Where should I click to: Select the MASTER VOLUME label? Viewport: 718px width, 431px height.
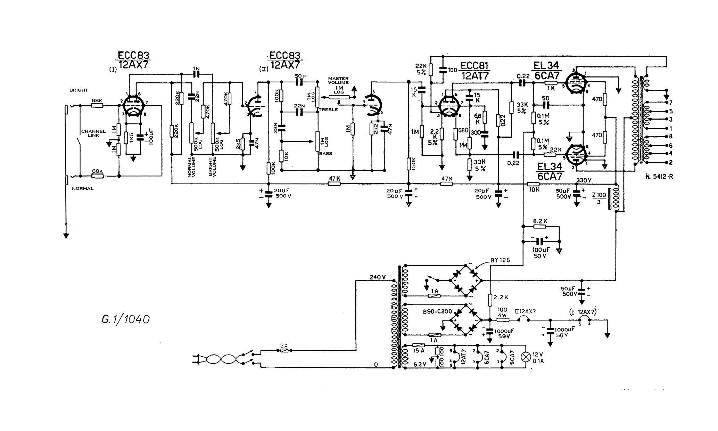click(x=338, y=81)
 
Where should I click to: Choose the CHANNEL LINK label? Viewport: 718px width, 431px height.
click(x=93, y=133)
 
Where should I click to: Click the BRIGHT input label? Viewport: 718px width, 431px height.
click(x=79, y=90)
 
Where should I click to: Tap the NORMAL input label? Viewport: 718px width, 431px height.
click(x=83, y=188)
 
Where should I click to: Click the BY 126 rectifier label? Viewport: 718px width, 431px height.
click(x=500, y=260)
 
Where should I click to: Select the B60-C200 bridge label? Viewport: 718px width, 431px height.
click(x=437, y=311)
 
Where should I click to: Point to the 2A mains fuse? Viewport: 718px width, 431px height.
click(x=285, y=351)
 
